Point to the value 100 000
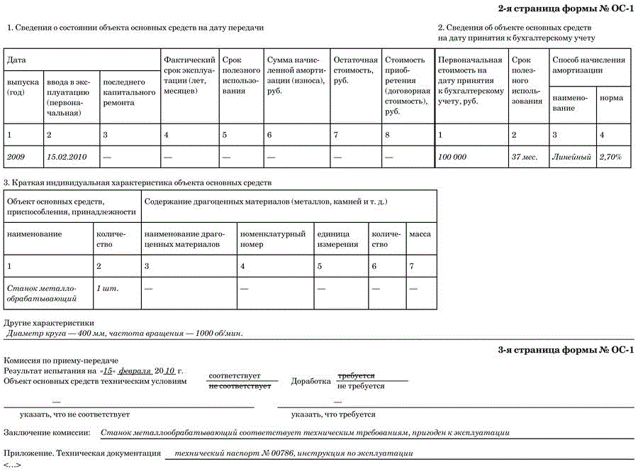tap(452, 157)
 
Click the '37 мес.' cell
tap(525, 157)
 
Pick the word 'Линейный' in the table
tap(571, 157)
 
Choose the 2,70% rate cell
tap(610, 157)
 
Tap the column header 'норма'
tap(611, 98)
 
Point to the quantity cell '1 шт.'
tap(106, 288)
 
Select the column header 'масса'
tap(420, 234)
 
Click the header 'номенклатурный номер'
tap(272, 238)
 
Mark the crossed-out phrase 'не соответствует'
tap(240, 386)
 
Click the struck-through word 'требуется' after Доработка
tap(356, 375)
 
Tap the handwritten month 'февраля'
tap(134, 371)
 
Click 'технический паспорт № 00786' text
tap(234, 453)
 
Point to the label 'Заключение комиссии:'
tap(47, 432)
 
